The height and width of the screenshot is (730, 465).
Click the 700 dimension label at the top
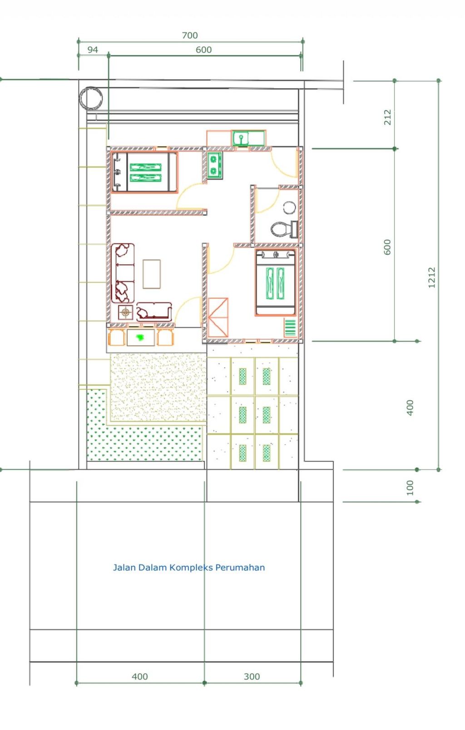(190, 35)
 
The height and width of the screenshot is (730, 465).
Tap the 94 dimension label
(93, 50)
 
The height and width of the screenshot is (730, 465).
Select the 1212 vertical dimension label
(431, 278)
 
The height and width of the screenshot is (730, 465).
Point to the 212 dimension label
(387, 117)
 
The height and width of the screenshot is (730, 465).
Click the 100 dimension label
(410, 487)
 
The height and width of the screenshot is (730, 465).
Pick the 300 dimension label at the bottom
(252, 676)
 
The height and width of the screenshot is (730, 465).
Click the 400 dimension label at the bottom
(140, 676)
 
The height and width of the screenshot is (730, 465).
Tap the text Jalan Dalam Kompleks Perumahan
(189, 567)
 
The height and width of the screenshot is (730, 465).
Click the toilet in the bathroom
(284, 229)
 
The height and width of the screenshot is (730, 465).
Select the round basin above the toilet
(289, 208)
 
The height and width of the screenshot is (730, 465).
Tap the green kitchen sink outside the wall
(249, 138)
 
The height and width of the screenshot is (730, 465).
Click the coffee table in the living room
(152, 274)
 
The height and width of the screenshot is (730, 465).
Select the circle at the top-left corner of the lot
(90, 98)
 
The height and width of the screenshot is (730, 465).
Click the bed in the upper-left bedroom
(144, 172)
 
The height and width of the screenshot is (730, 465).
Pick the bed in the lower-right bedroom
(276, 282)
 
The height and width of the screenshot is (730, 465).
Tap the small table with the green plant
(141, 338)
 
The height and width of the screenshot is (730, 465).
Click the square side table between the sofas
(125, 313)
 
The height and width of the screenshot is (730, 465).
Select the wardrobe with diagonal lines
(218, 317)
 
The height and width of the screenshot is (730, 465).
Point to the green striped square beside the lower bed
(290, 328)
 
